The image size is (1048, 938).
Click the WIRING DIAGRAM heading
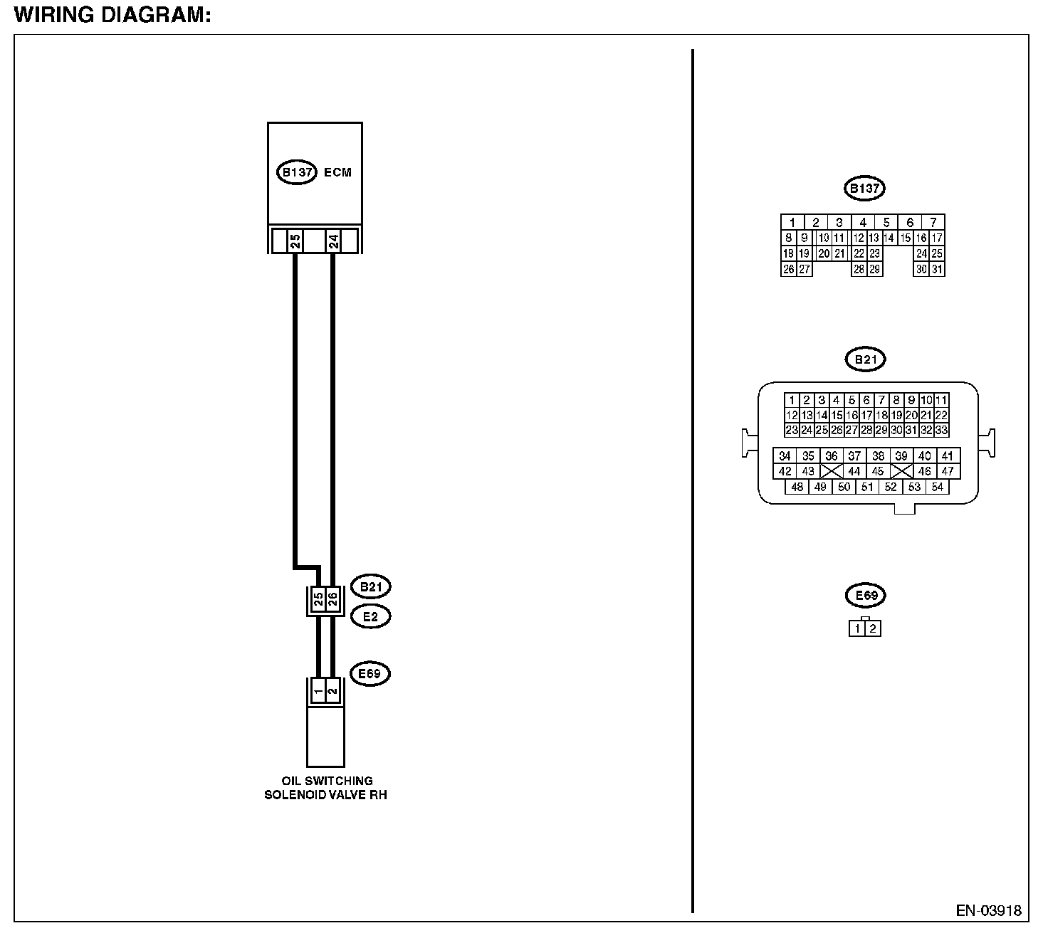(112, 15)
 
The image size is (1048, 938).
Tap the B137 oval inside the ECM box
(296, 172)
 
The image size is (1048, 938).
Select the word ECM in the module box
(337, 172)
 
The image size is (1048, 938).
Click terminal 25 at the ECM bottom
(295, 241)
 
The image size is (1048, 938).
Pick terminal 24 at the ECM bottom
(333, 241)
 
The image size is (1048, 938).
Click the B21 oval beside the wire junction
(370, 587)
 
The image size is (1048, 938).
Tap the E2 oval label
(370, 616)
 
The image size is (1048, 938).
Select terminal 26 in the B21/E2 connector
(332, 599)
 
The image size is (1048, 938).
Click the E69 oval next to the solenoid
(370, 673)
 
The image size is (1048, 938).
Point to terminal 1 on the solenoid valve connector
(318, 690)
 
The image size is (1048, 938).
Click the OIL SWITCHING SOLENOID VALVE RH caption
(326, 788)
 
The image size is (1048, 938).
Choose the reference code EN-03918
(988, 911)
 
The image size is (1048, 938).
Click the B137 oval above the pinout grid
(864, 189)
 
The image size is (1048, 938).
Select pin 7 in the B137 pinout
(933, 222)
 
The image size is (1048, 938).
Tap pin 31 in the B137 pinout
(937, 270)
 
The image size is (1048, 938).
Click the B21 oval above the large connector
(865, 359)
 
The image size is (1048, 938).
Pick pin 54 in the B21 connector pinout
(937, 488)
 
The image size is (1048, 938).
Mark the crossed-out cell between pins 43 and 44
(831, 471)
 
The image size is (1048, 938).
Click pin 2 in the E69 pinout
(873, 629)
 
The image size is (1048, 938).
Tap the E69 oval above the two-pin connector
(865, 595)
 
